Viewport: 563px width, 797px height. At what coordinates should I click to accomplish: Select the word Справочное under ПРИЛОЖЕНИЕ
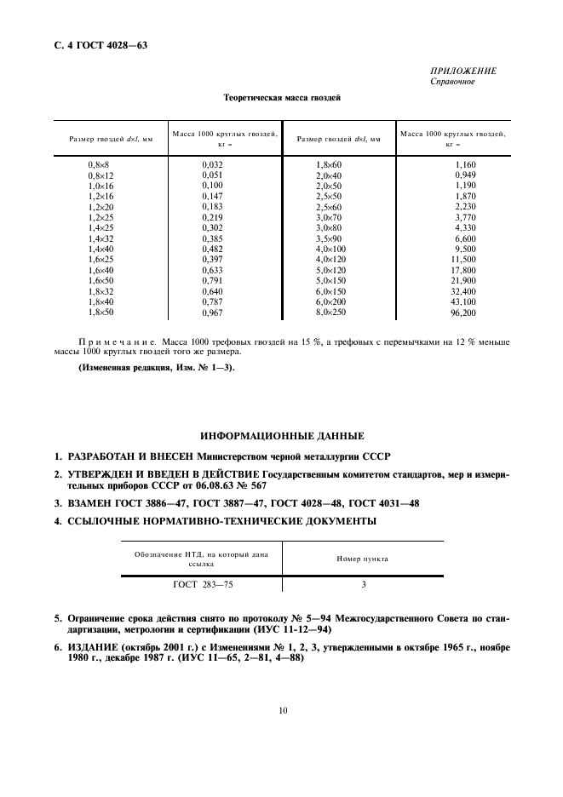coord(453,82)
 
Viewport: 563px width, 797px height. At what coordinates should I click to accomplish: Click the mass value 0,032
coord(212,163)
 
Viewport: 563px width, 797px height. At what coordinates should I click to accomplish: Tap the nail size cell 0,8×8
coord(100,163)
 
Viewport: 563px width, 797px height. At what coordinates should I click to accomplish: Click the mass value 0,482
coord(212,248)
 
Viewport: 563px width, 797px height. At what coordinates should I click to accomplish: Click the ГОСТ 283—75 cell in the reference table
coord(201,585)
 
